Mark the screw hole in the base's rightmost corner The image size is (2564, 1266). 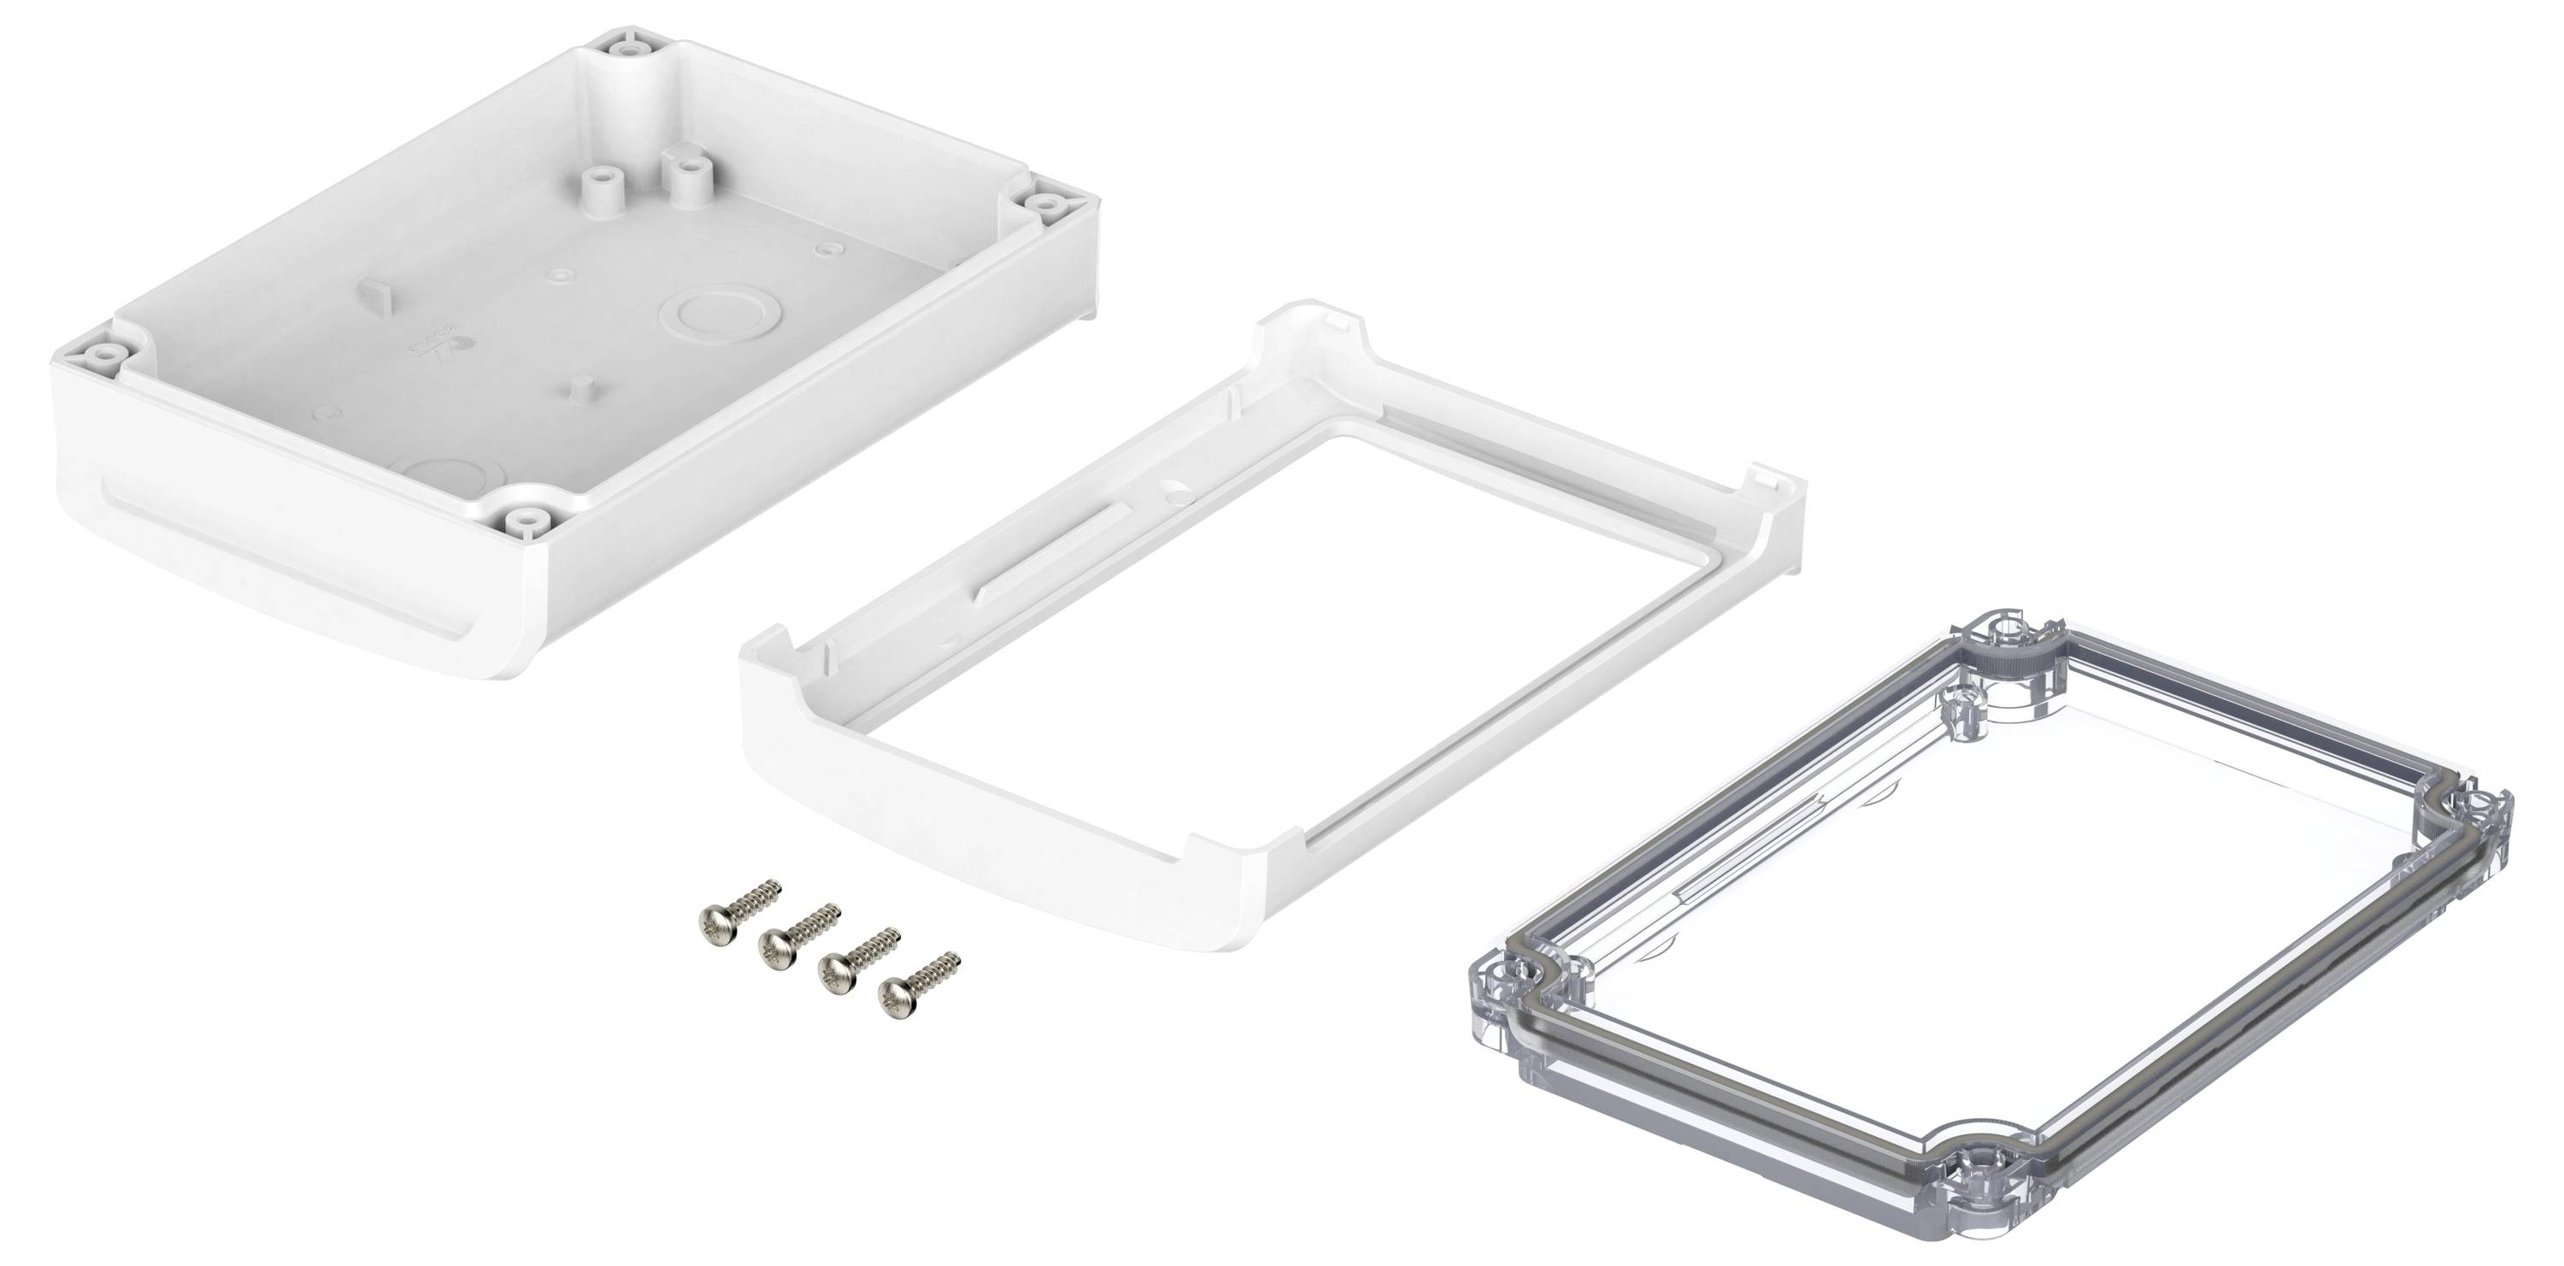1046,203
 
